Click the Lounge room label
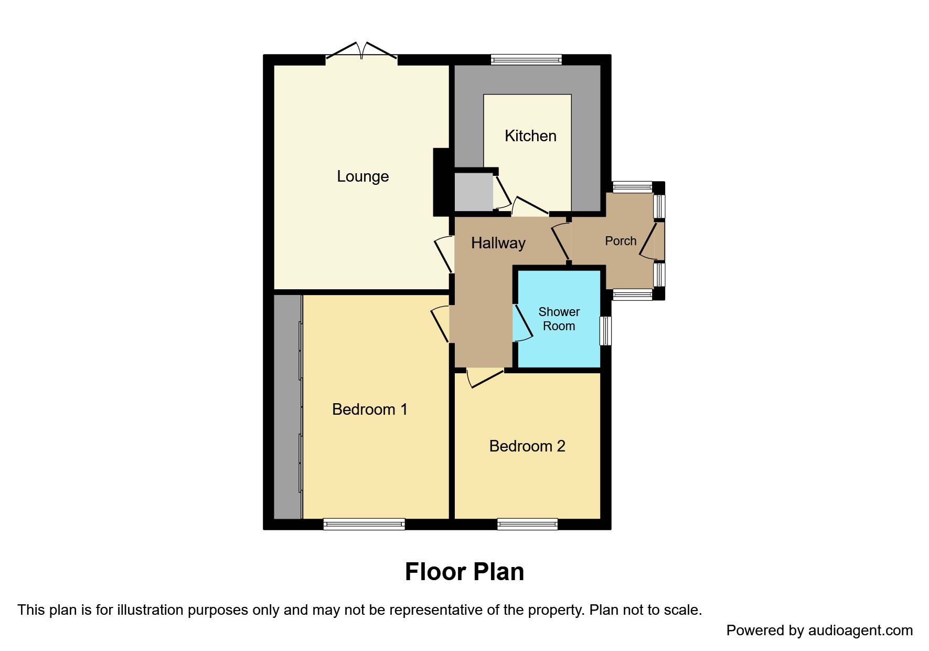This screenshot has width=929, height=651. click(362, 176)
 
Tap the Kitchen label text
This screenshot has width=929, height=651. click(530, 136)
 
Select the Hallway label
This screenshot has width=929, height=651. click(498, 243)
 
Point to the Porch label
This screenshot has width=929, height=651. click(621, 241)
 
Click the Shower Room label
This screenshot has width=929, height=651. click(559, 319)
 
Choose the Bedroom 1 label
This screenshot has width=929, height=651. click(369, 409)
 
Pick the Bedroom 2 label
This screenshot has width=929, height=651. click(527, 446)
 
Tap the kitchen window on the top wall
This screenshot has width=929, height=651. click(526, 60)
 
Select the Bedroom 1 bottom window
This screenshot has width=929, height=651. click(364, 524)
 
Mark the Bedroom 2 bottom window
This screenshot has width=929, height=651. click(527, 524)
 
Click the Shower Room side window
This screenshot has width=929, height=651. click(605, 331)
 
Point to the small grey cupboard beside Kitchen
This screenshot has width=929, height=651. click(473, 192)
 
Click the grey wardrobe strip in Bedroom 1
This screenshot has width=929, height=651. click(287, 407)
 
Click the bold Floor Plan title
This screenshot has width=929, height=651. click(464, 572)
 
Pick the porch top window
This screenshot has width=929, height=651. click(632, 187)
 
